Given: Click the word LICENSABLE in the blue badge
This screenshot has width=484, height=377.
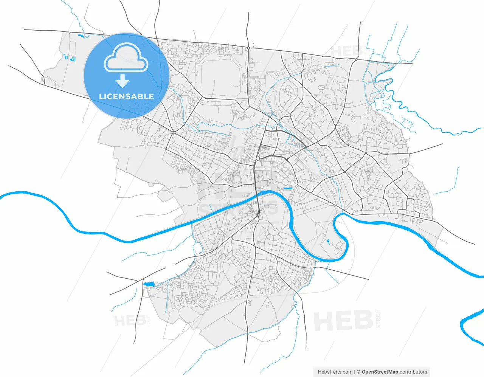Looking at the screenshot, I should point(126,96).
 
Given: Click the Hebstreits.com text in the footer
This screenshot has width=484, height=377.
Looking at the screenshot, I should point(335,372).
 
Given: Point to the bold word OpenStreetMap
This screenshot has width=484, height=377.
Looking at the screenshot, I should point(380,372).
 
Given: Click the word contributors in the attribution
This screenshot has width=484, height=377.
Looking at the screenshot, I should point(413,372).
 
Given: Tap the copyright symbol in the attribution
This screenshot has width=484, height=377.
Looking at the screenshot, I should point(358,372).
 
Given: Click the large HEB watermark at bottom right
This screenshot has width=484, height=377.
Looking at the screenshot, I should point(343,321).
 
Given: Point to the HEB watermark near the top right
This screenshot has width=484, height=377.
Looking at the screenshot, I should point(347,51).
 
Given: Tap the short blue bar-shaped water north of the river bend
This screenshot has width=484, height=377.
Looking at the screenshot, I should point(288,188).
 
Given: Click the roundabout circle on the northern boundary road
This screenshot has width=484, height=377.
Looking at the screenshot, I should point(248,48).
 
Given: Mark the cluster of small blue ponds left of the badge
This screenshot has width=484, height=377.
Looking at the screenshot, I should point(69,58).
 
